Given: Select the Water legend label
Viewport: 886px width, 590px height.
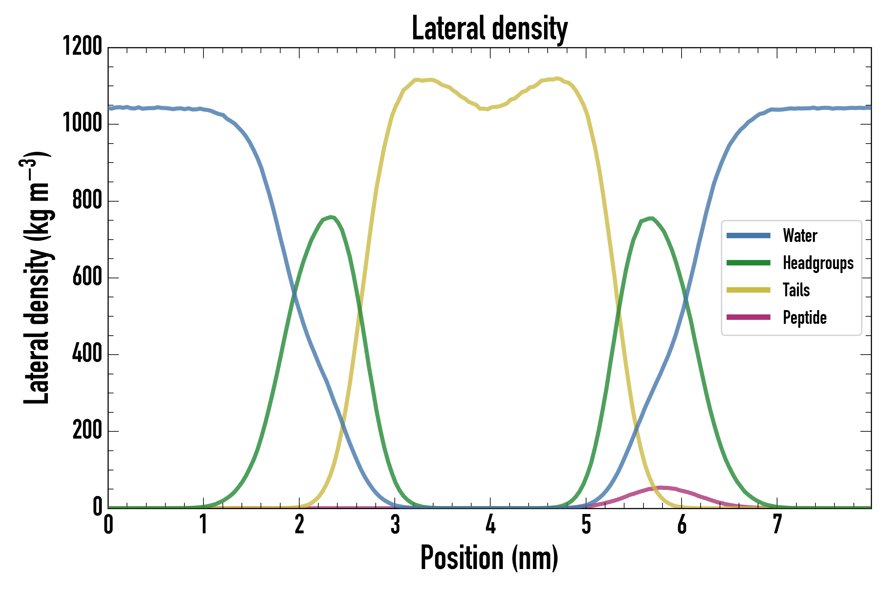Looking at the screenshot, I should (x=800, y=236).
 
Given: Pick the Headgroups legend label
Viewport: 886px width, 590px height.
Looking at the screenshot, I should (x=818, y=263).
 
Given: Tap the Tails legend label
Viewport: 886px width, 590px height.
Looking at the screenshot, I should (x=796, y=290).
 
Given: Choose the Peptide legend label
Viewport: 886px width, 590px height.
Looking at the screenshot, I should (x=805, y=317).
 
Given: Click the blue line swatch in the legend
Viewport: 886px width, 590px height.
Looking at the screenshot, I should (x=748, y=236).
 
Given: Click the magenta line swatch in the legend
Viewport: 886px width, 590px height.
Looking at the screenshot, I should (x=748, y=317).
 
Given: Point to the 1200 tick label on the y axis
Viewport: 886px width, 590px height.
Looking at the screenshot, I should (x=82, y=46).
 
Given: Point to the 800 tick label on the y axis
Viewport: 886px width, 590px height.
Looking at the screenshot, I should (x=87, y=200).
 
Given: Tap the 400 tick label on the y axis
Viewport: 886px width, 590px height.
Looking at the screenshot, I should (x=87, y=353).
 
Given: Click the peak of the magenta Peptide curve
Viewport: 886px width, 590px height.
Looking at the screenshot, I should (x=660, y=488).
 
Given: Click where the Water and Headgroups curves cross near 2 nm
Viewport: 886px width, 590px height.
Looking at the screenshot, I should (x=295, y=293).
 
